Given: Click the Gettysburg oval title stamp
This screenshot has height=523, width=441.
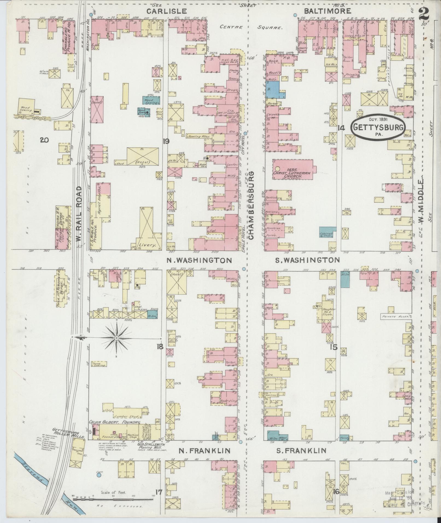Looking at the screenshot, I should coord(378,128).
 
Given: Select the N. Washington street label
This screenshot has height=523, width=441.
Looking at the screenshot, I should coord(200,260).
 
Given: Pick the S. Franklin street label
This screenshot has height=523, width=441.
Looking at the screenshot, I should coord(301,451).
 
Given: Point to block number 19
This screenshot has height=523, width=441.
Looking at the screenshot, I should coord(165,141).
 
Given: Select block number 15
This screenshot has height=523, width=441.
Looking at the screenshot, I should coord(334,347).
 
